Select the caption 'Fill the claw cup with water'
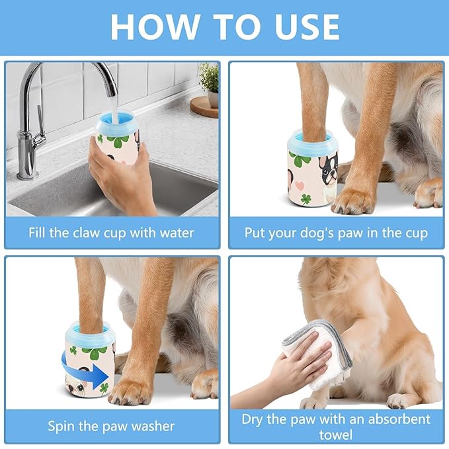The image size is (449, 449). click(112, 233)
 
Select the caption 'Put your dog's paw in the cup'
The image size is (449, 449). click(336, 233)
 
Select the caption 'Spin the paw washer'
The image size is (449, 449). click(112, 426)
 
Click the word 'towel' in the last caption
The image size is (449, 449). click(336, 434)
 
